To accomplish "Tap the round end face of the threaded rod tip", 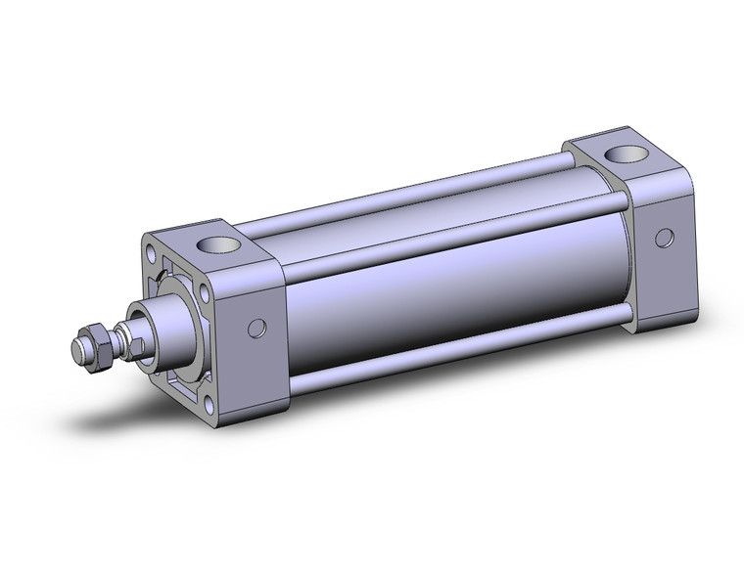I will click(x=78, y=347).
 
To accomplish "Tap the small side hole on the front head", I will click(x=258, y=330).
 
